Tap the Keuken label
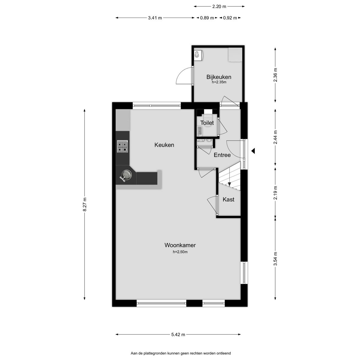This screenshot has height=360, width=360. coord(164,145)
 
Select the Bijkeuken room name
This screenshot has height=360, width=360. coord(219,77)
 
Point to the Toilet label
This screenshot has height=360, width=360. coord(207,123)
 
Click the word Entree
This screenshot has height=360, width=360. coord(222,155)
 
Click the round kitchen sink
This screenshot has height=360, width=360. coord(127,175)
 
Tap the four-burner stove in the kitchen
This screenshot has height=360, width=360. coord(122,146)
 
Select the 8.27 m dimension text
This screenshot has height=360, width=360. coord(85,204)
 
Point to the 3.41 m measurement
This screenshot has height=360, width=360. coord(155,18)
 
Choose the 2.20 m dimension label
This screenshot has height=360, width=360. coord(219,7)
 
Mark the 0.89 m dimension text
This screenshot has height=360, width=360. coord(207,18)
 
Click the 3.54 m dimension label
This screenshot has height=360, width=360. coord(275,259)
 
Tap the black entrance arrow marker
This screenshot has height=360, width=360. coord(253,151)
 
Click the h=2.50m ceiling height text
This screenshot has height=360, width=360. coord(180,252)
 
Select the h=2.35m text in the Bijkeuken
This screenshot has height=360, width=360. coord(219,82)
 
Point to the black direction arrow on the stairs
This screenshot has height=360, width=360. coord(229,184)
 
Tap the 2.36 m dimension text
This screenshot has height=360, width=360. coord(275,75)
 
